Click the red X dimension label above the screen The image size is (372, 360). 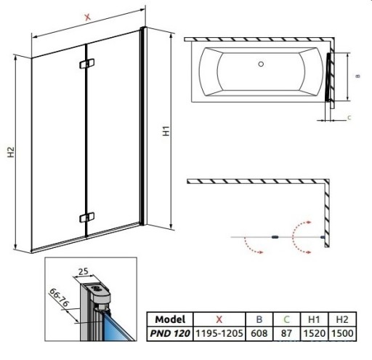pos(87,17)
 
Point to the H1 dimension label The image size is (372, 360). pos(166,131)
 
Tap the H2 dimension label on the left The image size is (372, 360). pos(11,152)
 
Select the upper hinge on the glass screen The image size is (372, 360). pos(86,63)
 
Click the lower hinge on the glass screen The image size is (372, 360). pos(86,217)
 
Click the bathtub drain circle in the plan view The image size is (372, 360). pos(261,64)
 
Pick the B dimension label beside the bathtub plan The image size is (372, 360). pos(357,76)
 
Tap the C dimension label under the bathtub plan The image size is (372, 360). pos(349,118)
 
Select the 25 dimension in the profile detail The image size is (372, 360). pos(83,271)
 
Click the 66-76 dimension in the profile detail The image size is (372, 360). pos(59,297)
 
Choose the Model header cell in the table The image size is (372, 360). pos(170,319)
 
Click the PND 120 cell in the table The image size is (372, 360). pos(170,333)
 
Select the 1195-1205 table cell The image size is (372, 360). pos(219,333)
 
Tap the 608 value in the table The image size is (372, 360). pos(259,333)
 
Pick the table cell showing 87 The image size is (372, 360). pos(286,333)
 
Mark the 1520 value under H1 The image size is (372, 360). pos(315,333)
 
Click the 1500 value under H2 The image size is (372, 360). pos(342,333)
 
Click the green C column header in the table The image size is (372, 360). pos(286,319)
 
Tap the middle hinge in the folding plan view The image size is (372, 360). pos(275,237)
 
